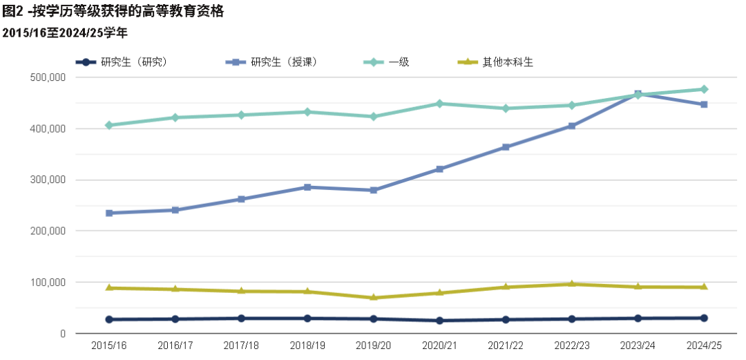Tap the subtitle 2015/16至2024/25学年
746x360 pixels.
pos(65,32)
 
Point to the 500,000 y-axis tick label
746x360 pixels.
pos(48,77)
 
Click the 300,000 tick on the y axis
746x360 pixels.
pos(48,180)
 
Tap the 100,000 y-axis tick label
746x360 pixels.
pos(48,282)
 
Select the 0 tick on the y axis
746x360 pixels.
pos(62,334)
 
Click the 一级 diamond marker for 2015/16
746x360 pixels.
pos(109,125)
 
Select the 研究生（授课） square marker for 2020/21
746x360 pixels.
pos(439,169)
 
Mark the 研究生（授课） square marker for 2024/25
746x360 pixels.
pos(704,104)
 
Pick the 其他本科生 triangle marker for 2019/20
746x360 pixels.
pos(374,297)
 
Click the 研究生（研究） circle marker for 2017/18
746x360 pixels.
pos(241,319)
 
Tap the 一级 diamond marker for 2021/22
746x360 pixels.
pos(506,108)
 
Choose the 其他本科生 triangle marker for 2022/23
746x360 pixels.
pos(572,284)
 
